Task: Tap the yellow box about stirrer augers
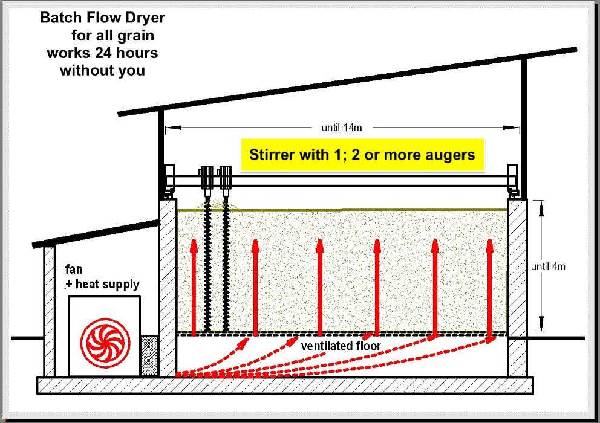[x=362, y=155]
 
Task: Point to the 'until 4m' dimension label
[x=549, y=266]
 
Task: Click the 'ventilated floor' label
[x=341, y=346]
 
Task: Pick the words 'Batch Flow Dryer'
[x=102, y=18]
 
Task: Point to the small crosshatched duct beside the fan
[x=149, y=355]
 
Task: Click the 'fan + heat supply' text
[x=102, y=277]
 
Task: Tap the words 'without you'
[x=102, y=70]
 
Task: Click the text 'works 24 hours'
[x=102, y=53]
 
